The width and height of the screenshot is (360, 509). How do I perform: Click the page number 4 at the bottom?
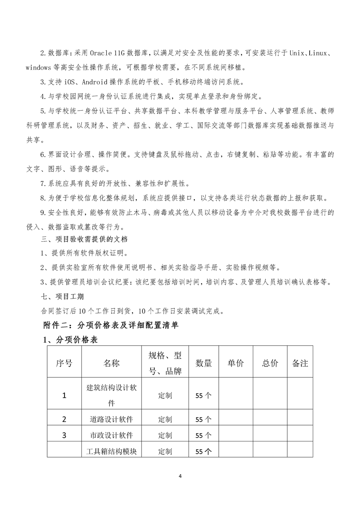point(180,476)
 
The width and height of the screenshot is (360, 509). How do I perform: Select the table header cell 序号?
point(64,363)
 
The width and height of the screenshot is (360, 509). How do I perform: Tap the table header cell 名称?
point(111,363)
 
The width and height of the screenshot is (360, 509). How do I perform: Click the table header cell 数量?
point(203,363)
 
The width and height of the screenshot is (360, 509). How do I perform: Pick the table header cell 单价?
point(236,363)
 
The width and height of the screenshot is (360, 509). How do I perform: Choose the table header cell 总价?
point(270,363)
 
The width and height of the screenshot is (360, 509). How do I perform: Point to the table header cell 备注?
point(300,363)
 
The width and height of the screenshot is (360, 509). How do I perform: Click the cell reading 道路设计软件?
point(111,419)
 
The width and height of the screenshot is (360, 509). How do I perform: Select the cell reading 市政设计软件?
point(111,435)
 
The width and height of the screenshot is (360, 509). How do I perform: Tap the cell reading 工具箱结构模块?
point(111,451)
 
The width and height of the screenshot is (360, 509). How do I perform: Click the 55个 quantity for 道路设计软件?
point(203,419)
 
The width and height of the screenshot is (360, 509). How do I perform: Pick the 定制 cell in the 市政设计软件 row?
point(165,435)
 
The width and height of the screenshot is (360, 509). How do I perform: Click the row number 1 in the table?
point(64,395)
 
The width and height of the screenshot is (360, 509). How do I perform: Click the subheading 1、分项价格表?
point(71,340)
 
